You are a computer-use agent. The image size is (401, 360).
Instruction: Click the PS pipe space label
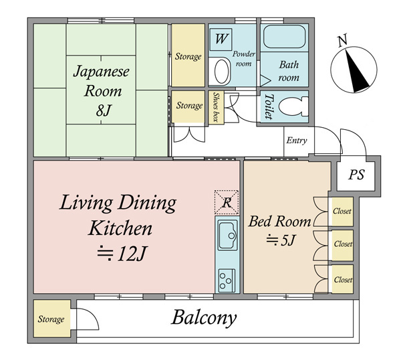coord(356,175)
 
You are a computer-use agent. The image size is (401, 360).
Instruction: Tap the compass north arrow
coord(356,70)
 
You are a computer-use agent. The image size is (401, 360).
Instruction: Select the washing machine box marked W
coord(221,39)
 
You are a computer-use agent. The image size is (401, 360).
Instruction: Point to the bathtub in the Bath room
coord(285,36)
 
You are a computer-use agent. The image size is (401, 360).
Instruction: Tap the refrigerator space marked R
coord(227,202)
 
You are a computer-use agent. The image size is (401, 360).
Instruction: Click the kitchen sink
coord(227,235)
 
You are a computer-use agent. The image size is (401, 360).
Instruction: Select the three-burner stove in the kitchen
coord(227,280)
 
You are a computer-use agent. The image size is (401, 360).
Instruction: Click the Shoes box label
coord(217,107)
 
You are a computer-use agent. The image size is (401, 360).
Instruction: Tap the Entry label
coord(297,141)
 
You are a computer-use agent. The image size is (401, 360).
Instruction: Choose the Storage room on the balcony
coord(52,319)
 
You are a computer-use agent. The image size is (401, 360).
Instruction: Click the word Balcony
coord(204,318)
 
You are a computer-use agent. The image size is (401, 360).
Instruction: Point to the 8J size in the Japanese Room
coord(104,110)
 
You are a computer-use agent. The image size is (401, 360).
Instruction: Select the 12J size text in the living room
coord(122,254)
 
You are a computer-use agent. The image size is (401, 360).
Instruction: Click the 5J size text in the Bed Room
coord(281,240)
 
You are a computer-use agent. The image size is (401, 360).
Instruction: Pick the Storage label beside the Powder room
coord(188,56)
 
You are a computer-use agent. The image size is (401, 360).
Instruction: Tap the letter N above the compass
coord(342,40)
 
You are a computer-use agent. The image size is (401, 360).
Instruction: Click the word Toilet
coord(268,106)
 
